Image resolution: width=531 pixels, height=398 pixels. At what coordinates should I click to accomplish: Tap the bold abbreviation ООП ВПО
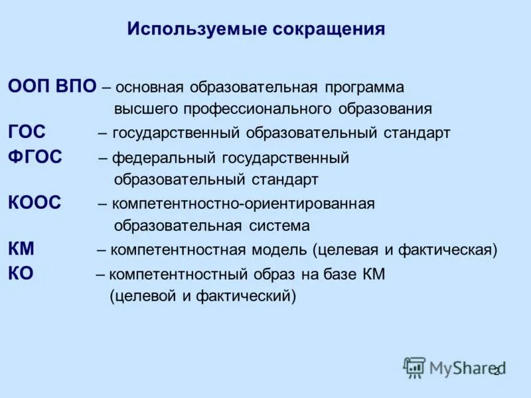(x=52, y=88)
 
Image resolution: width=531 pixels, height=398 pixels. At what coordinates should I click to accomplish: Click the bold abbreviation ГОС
(x=27, y=133)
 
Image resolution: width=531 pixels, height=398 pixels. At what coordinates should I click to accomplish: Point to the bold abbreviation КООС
(x=35, y=204)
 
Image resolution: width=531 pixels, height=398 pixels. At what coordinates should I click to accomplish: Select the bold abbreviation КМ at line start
(x=22, y=250)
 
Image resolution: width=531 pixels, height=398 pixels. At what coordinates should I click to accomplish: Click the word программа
(x=364, y=88)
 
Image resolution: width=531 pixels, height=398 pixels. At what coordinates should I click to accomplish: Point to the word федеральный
(x=153, y=159)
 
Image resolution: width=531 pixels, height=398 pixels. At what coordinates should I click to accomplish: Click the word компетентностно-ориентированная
(x=243, y=204)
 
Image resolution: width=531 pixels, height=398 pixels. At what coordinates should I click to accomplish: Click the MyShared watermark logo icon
(x=415, y=367)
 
